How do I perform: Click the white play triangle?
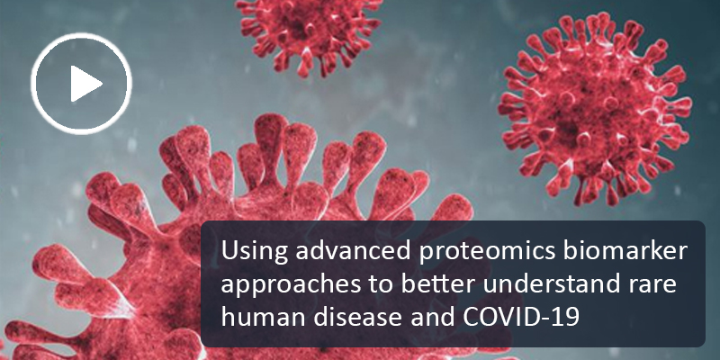(x=85, y=83)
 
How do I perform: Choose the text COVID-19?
(x=521, y=318)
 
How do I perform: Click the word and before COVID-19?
(x=433, y=318)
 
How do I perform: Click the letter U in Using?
(x=229, y=251)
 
